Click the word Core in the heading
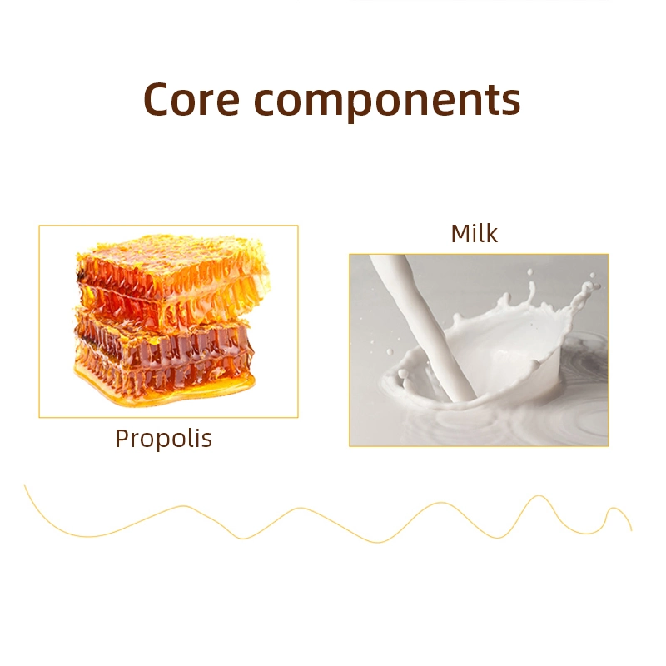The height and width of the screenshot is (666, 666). [x=192, y=100]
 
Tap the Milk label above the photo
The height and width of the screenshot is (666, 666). [x=474, y=233]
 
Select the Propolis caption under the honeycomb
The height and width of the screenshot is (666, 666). [x=163, y=439]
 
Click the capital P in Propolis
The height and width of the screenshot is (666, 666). [x=122, y=438]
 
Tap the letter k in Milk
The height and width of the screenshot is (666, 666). [x=490, y=233]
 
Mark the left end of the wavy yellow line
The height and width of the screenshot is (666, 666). [x=26, y=485]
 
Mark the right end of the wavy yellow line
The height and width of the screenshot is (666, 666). [x=631, y=529]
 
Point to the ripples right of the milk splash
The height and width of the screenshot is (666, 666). [x=583, y=375]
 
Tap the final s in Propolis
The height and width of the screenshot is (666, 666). [x=206, y=440]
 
